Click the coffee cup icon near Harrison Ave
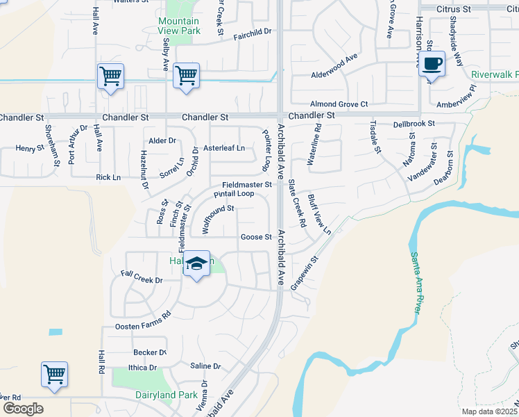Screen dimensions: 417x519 (432, 64)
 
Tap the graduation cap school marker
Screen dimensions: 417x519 (197, 264)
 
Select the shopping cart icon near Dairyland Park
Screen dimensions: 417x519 (54, 375)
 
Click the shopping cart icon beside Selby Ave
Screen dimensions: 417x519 (185, 75)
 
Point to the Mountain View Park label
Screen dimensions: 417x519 (178, 26)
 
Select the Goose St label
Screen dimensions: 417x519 (256, 237)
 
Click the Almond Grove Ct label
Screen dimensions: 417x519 (339, 104)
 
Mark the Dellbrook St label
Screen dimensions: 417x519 (414, 124)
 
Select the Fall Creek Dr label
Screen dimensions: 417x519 (142, 280)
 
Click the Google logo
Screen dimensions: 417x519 (23, 409)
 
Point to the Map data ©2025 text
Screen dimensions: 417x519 (488, 411)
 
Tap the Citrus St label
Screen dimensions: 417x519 (454, 9)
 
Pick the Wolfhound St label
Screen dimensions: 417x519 (217, 218)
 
